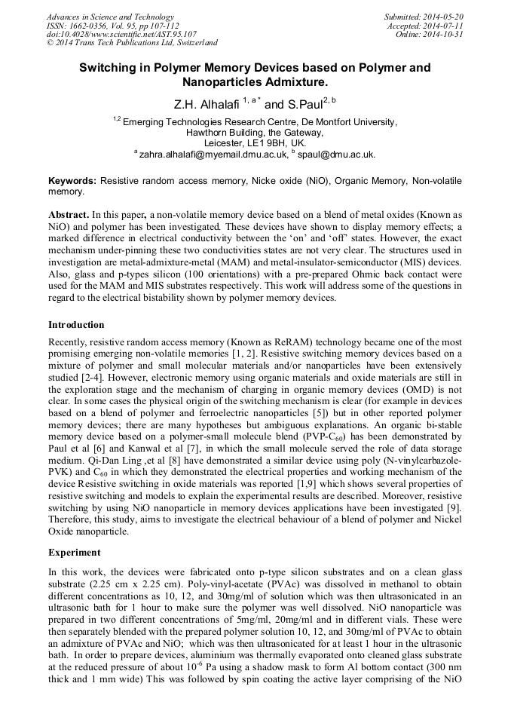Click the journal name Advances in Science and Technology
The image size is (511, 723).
tap(110, 17)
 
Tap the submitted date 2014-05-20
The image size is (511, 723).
tap(443, 17)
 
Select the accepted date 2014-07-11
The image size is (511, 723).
tap(445, 26)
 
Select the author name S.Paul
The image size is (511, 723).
tap(304, 105)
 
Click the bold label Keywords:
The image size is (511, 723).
tap(72, 182)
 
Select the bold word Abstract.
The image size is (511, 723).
tap(69, 215)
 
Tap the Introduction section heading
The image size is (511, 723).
tap(76, 325)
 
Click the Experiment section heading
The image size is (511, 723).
tap(75, 553)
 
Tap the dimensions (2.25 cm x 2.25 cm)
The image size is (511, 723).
tap(145, 583)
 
